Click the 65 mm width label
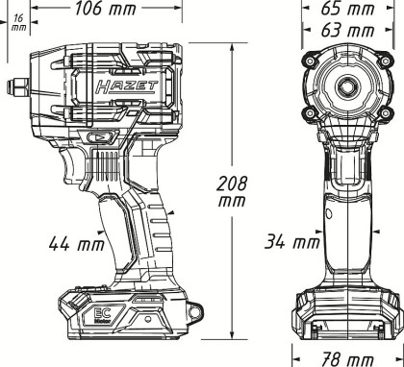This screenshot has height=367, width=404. click(x=345, y=11)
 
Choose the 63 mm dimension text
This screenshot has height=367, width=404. click(x=345, y=32)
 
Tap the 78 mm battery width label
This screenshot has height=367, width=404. click(x=345, y=356)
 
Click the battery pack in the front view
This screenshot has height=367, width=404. click(x=346, y=312)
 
